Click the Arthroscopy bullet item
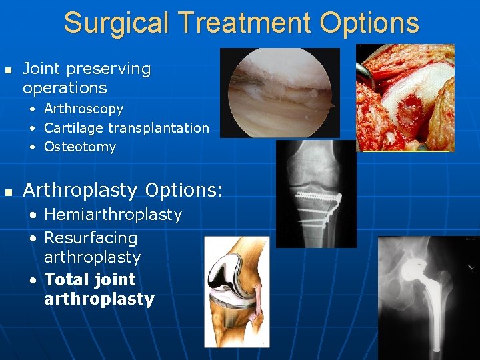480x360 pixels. (x=83, y=108)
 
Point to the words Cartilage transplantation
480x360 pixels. (x=126, y=127)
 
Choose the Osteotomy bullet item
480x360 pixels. (x=80, y=147)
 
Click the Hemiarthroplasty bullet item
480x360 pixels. (x=113, y=214)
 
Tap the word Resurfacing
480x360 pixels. (x=91, y=237)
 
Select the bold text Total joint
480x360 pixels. (x=89, y=279)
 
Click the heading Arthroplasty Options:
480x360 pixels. (x=123, y=190)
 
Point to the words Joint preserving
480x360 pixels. (x=87, y=68)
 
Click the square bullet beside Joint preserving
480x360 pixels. (x=7, y=69)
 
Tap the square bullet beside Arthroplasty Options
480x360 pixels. (x=7, y=191)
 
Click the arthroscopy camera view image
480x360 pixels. (x=279, y=92)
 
